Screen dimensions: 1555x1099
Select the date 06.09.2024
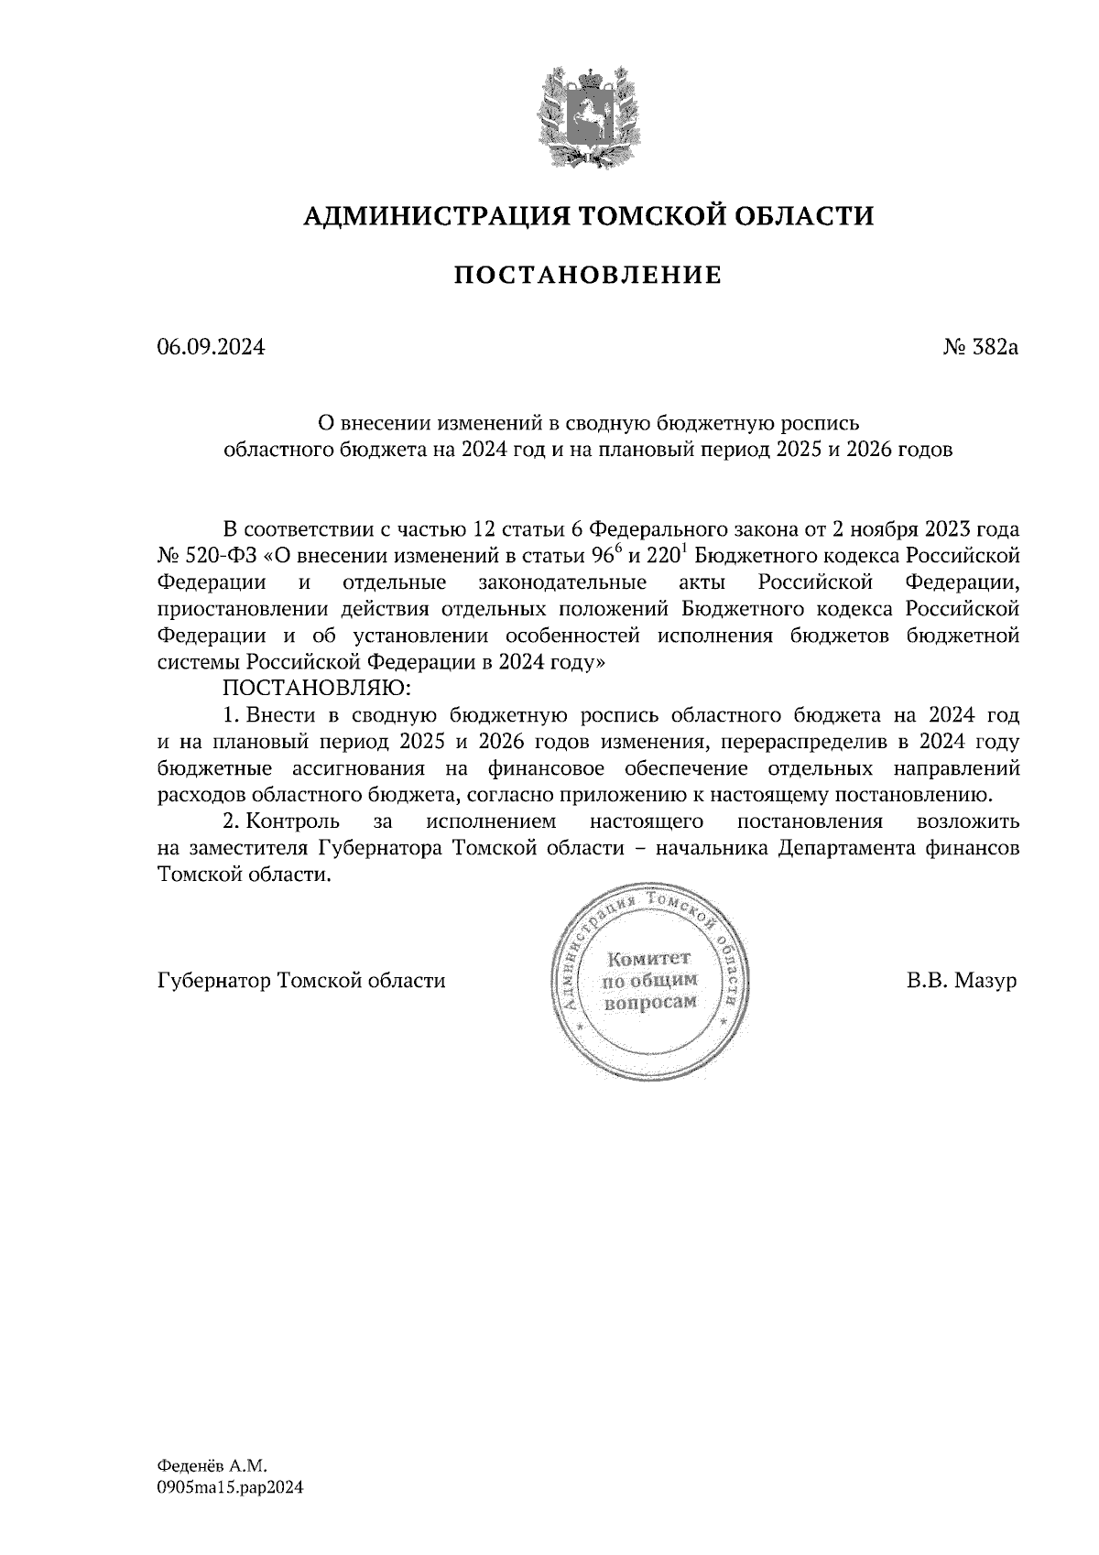211,348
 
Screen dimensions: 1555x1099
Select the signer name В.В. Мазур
962,981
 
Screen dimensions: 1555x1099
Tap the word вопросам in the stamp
650,1002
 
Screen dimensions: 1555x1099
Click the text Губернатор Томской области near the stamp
301,981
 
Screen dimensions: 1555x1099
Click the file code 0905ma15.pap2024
230,1488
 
